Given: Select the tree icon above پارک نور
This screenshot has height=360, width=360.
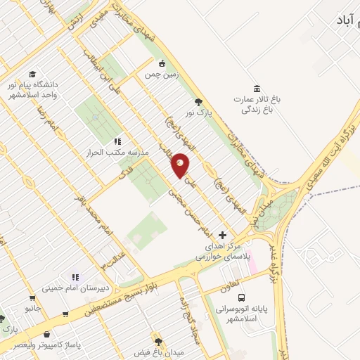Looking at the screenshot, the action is click(199, 101).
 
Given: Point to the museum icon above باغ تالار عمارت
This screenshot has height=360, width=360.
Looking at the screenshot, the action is click(257, 89).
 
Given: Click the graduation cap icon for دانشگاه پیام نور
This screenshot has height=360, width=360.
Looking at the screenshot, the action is click(32, 73).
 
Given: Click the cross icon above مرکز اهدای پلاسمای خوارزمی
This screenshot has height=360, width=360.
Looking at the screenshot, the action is click(224, 235).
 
